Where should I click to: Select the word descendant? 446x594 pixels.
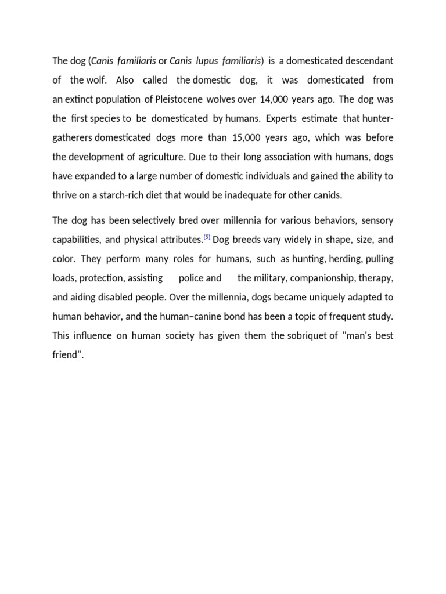tap(368, 61)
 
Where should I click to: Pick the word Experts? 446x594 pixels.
tap(286, 118)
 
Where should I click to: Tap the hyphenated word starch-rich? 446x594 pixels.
tap(127, 195)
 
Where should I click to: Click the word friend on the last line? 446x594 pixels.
tap(67, 354)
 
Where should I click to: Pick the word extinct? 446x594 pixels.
tap(82, 99)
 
